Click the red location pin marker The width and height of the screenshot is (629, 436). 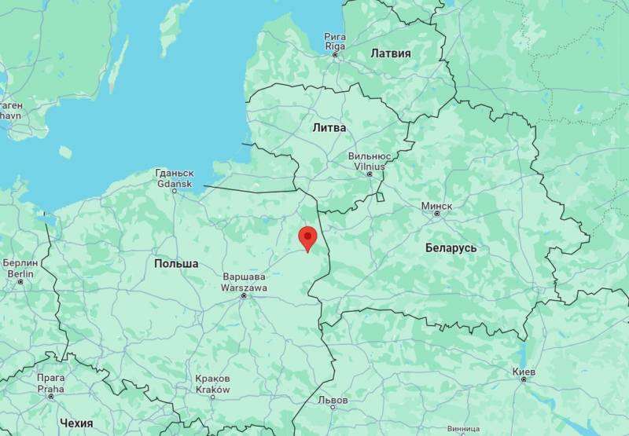(x=307, y=237)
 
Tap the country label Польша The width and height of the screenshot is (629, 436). (x=176, y=263)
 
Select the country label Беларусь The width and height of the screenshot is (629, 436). (x=451, y=247)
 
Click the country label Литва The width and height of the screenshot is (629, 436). (x=328, y=126)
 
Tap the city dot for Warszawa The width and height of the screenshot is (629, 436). (x=244, y=295)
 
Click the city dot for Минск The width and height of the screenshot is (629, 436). (x=436, y=214)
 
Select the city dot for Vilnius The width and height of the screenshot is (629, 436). (x=370, y=174)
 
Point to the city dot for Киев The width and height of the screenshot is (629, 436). (x=523, y=379)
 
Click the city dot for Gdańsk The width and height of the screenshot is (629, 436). (x=175, y=191)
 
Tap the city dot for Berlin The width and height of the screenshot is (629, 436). (x=20, y=281)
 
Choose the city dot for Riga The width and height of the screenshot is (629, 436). (x=335, y=54)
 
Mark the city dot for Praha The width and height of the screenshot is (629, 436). (x=51, y=396)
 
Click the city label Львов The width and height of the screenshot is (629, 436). (x=333, y=400)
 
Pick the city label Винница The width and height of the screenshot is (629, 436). (x=462, y=430)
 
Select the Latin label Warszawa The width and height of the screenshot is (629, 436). (x=245, y=287)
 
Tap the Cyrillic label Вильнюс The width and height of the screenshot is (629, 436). (x=370, y=156)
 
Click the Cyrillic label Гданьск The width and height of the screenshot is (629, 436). (x=175, y=173)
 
